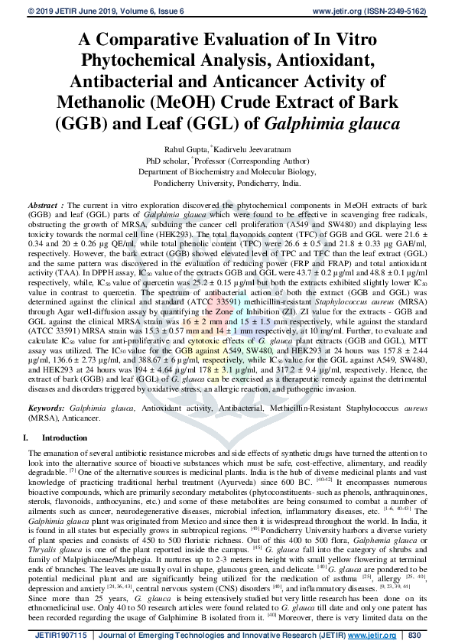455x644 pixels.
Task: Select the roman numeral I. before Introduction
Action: [27, 437]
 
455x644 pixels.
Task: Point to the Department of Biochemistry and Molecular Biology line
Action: [227, 173]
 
